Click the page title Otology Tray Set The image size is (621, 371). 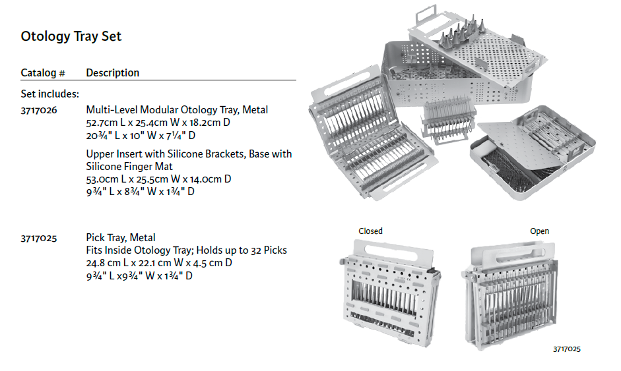tap(71, 36)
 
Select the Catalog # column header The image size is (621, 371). tap(43, 72)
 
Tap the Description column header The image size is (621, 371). tap(112, 72)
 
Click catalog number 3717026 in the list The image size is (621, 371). tap(39, 110)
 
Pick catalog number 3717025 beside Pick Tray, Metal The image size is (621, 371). tap(39, 238)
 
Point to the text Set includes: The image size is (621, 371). tap(50, 94)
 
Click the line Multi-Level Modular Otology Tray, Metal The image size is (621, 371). tap(177, 110)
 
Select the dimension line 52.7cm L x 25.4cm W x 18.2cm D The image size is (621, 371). tap(158, 123)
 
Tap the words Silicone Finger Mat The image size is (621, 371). tap(129, 167)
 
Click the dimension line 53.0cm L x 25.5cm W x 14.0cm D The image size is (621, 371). tap(158, 179)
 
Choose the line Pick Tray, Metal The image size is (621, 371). tap(121, 238)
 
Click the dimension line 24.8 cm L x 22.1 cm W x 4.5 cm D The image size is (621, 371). tap(159, 263)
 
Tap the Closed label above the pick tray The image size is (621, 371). tap(370, 231)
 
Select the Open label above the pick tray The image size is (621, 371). tap(539, 231)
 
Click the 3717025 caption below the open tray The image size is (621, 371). tap(567, 349)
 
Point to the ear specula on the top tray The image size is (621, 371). tap(462, 32)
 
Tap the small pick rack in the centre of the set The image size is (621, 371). tap(448, 119)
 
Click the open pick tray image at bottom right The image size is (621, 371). tap(509, 297)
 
